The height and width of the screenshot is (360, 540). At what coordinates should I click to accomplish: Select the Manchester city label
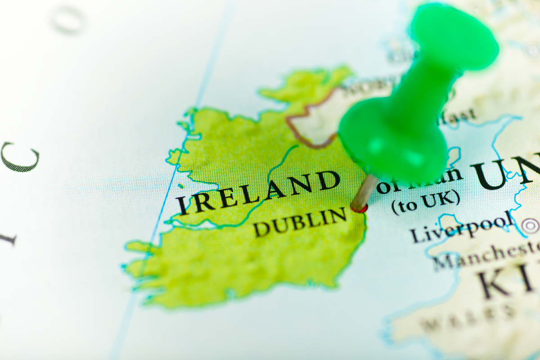pos(486,254)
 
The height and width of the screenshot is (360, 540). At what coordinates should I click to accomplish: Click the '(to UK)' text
pos(425,203)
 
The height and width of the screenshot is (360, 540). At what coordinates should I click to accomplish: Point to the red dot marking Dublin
pos(359,208)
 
